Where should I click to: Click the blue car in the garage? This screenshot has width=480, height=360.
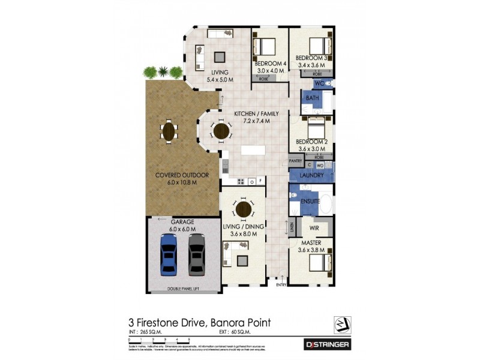coord(169,254)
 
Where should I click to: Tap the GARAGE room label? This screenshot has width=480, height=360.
coord(182,221)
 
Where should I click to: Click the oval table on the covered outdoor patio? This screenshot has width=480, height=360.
coord(170,130)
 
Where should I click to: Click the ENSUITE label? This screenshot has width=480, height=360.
coord(310,202)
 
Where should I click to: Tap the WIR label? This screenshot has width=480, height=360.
coord(313,228)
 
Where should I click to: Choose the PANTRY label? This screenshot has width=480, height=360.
coord(295,161)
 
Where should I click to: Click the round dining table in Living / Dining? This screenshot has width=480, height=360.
coord(244,209)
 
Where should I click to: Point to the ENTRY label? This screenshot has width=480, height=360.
coord(281,285)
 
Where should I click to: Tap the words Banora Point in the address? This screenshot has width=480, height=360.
coord(241,323)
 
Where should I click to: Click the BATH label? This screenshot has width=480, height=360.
coord(312,98)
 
